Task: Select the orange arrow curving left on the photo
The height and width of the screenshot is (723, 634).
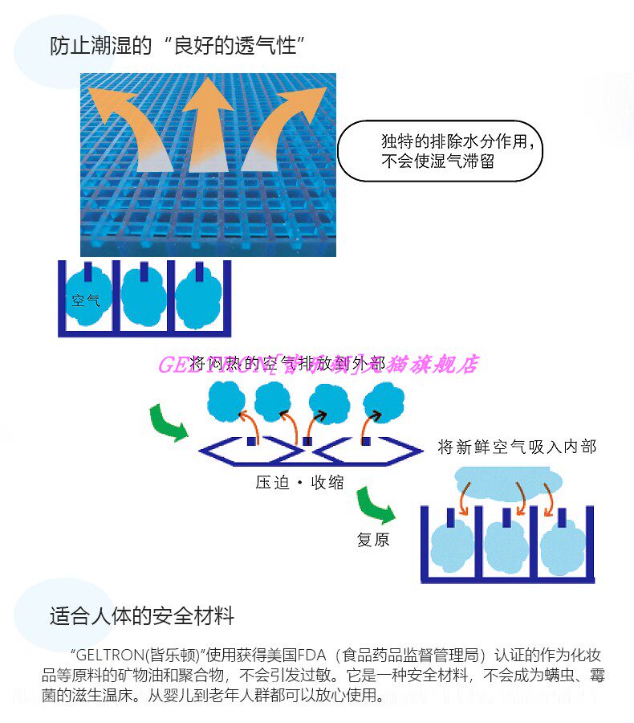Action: click(x=128, y=125)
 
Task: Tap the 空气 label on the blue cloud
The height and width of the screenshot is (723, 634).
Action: click(x=86, y=301)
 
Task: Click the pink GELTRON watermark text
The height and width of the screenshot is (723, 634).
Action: click(x=317, y=365)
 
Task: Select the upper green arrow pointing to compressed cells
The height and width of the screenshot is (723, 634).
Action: click(x=166, y=423)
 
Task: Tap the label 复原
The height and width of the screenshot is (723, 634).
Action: click(x=373, y=540)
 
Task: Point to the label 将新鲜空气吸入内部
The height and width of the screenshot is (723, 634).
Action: click(x=517, y=447)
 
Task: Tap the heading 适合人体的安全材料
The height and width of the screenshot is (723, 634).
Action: click(x=142, y=616)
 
